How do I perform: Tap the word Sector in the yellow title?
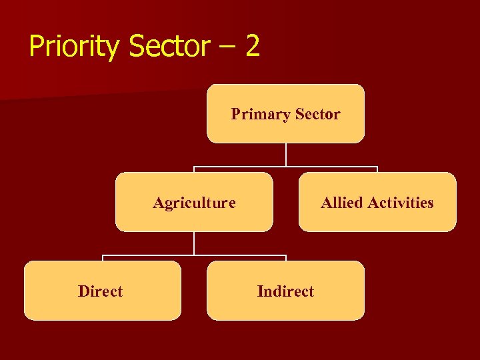point(169,47)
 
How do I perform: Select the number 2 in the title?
point(251,47)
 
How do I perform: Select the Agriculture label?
point(194,203)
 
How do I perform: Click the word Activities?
point(402,203)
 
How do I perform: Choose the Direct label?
point(100,291)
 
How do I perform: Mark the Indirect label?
point(285,291)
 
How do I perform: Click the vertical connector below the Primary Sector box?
point(285,155)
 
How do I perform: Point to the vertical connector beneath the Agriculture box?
point(194,243)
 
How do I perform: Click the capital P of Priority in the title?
point(36,47)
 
